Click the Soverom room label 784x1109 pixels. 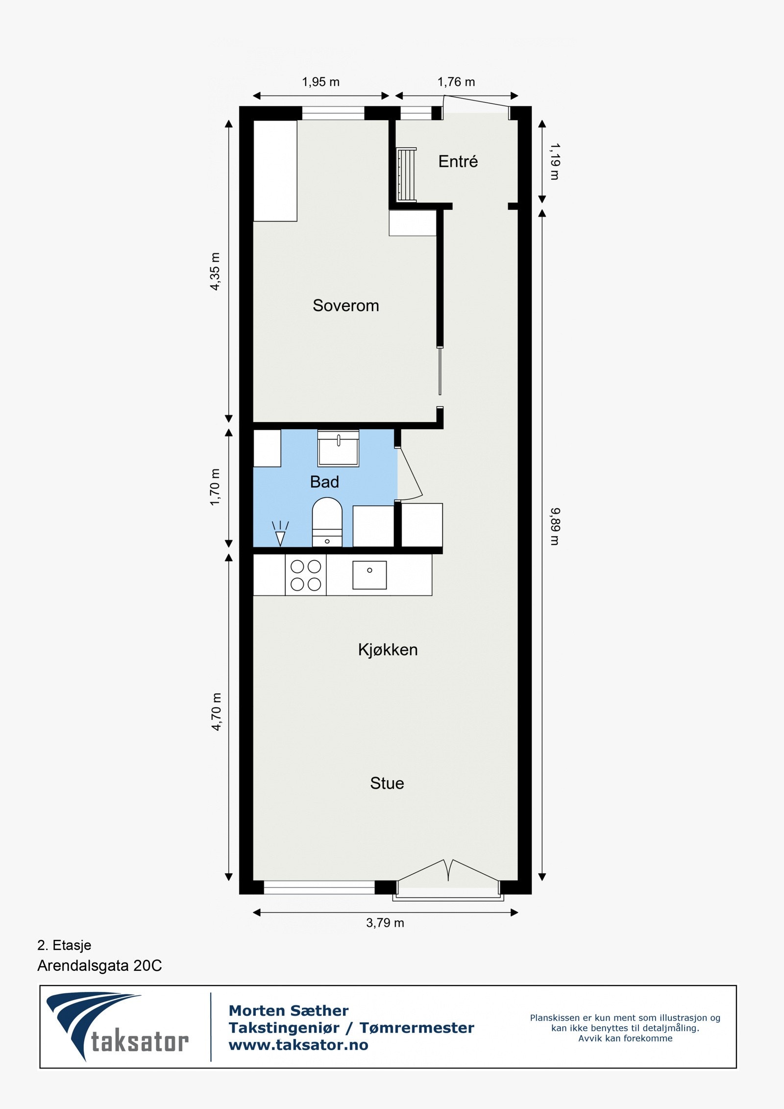(x=345, y=306)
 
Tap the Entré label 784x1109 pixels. (x=458, y=161)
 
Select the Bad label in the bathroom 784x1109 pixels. (x=324, y=482)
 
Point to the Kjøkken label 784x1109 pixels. (x=388, y=650)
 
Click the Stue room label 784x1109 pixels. (x=387, y=783)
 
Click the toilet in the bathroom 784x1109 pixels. (x=327, y=521)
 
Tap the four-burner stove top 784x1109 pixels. (x=306, y=575)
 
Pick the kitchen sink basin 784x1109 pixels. (x=369, y=575)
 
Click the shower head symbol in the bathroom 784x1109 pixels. (x=280, y=534)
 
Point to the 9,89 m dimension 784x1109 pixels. (x=554, y=526)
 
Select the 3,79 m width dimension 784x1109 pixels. (x=385, y=923)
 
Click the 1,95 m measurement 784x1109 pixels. (x=320, y=82)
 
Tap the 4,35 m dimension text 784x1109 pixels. (x=215, y=271)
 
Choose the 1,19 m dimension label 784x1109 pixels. (x=554, y=161)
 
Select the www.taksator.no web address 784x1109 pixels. (x=298, y=1045)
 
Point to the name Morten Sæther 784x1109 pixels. (x=289, y=1010)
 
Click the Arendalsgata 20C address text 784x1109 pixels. (x=99, y=965)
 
